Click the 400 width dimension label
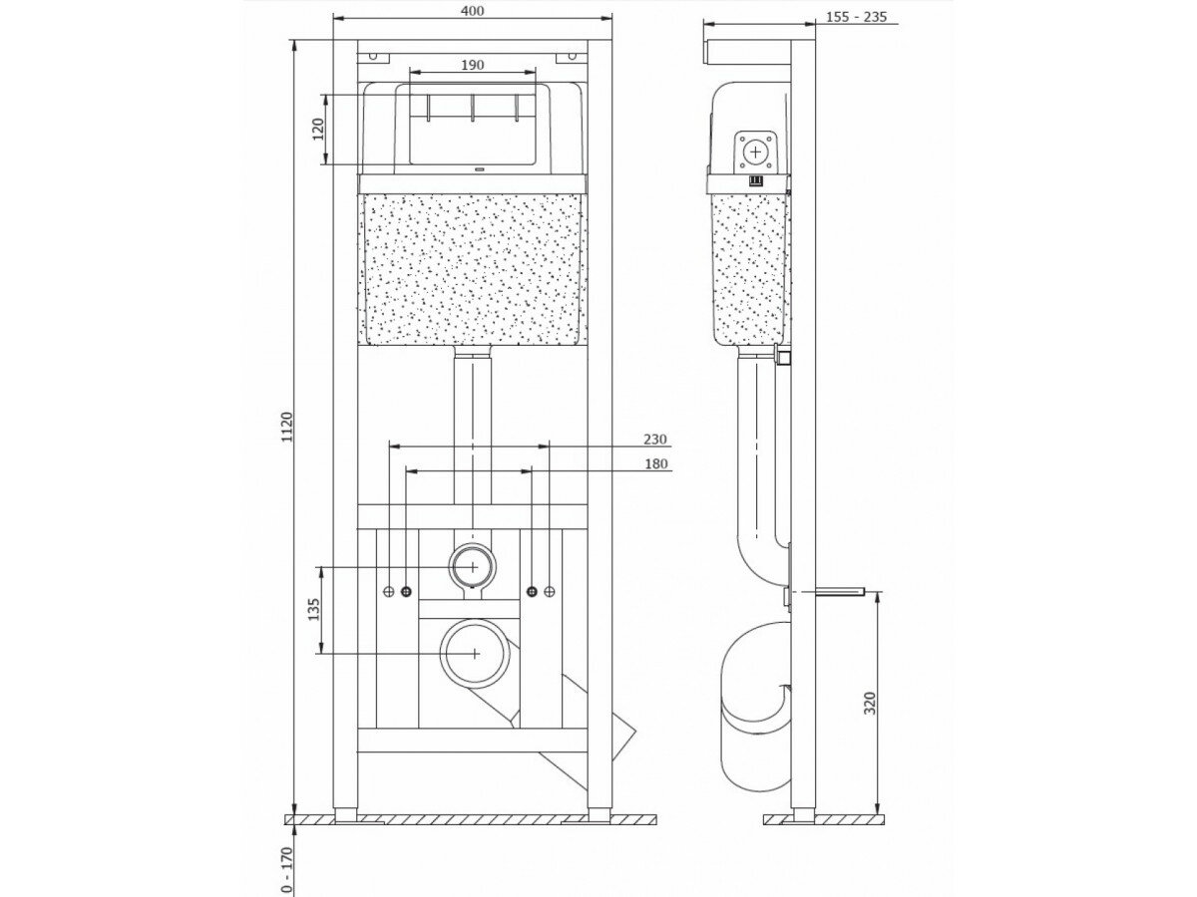pos(472,11)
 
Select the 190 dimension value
pos(472,65)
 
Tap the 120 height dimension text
pos(318,130)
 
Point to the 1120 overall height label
pos(287,428)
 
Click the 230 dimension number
pos(654,439)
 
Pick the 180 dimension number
pos(654,462)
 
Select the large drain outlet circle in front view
pos(473,652)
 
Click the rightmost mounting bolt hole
pos(550,592)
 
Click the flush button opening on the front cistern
pos(472,128)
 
